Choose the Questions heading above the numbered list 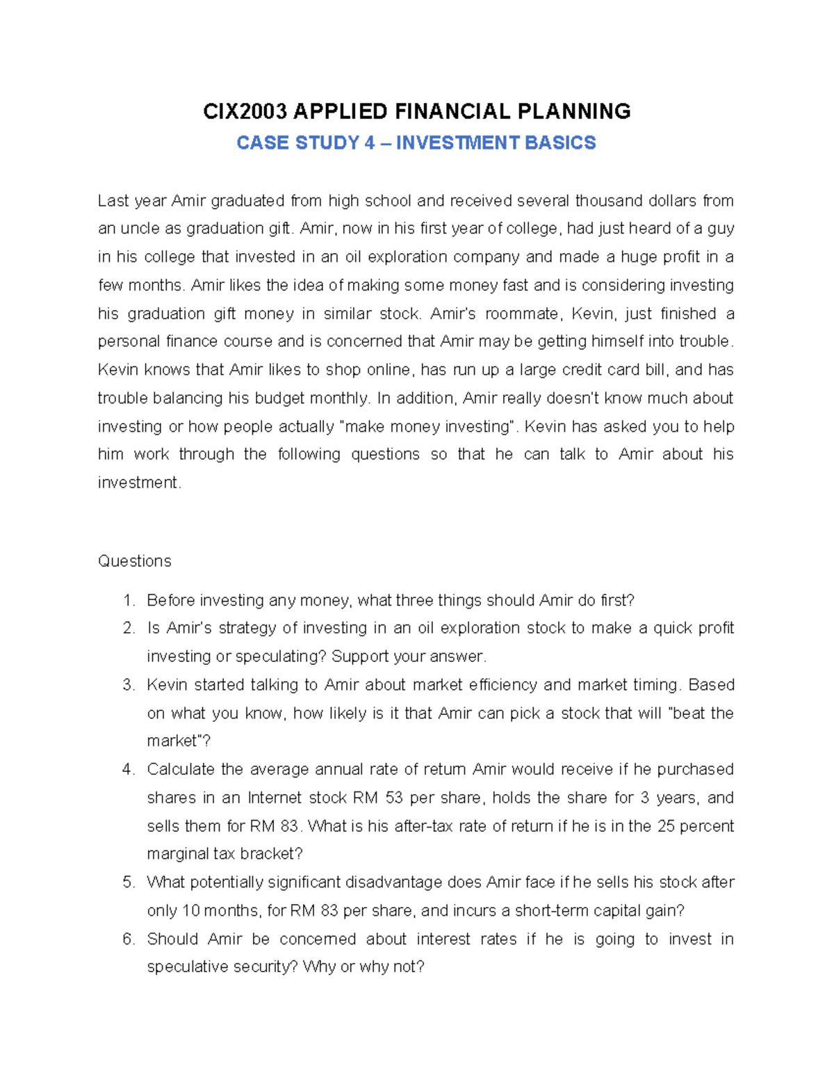134,561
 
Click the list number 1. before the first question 128,600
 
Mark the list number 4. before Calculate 128,770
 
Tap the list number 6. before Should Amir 128,940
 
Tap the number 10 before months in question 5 190,911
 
